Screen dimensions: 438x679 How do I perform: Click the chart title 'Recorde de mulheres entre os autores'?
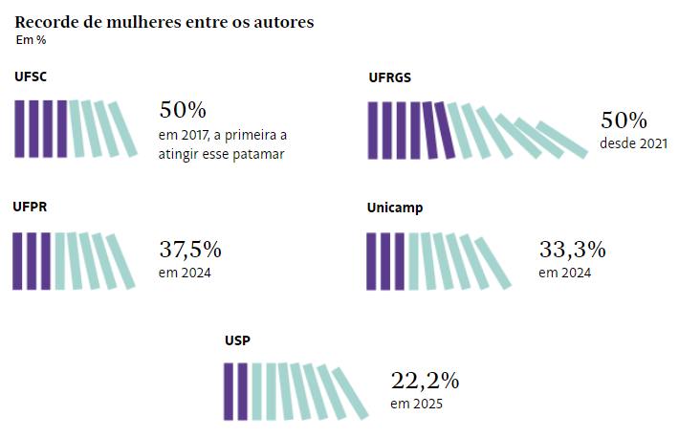(164, 22)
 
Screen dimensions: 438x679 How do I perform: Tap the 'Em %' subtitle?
(31, 40)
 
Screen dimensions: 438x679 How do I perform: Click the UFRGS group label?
(390, 78)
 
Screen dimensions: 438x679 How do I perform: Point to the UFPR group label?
(32, 206)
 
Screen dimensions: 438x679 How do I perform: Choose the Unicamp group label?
(395, 208)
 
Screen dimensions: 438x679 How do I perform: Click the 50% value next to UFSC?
(183, 110)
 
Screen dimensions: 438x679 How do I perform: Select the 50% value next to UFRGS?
(624, 121)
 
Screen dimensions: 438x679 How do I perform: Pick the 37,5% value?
(190, 251)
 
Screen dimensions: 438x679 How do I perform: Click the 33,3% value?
(572, 251)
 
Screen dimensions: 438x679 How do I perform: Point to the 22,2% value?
(425, 381)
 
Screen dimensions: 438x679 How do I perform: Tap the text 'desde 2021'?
(633, 143)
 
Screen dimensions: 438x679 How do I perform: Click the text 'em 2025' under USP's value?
(416, 404)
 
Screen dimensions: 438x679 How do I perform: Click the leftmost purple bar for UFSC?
(19, 128)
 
